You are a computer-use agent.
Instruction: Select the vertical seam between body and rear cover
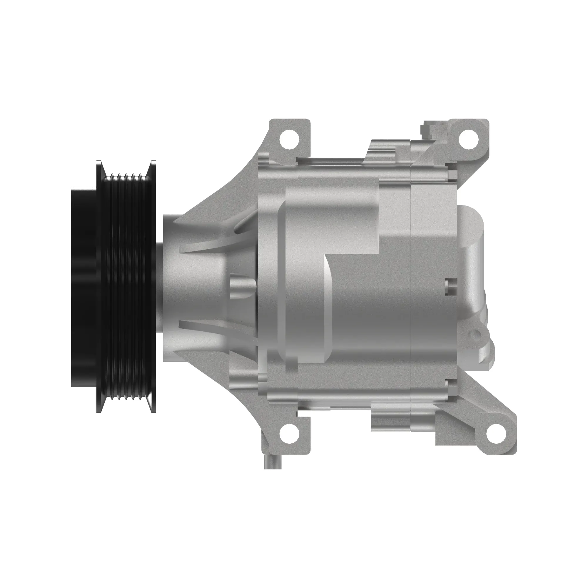pos(411,274)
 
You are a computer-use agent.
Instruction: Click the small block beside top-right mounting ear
pos(429,128)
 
